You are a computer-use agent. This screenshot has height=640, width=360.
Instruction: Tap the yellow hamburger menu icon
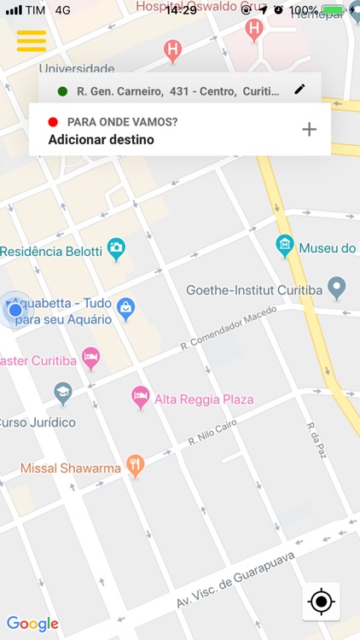(x=31, y=41)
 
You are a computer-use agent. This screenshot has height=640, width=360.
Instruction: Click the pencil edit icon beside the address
(x=299, y=90)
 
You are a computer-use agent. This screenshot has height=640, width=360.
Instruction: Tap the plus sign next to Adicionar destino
(x=309, y=130)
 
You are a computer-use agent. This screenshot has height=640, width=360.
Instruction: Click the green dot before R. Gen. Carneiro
(x=62, y=90)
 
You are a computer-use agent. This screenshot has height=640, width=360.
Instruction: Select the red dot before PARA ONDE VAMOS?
(x=53, y=122)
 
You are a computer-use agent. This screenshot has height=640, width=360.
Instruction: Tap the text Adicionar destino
(x=101, y=139)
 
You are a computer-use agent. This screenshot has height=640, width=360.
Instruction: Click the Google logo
(x=32, y=624)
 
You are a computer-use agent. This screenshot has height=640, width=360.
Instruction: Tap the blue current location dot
(x=15, y=310)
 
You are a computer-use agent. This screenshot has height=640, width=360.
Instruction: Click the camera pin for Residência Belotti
(x=116, y=248)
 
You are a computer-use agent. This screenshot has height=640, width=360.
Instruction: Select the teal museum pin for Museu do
(x=285, y=246)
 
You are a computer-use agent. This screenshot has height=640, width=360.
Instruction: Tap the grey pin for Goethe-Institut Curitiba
(x=337, y=288)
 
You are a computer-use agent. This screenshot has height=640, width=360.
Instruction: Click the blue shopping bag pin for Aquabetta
(x=126, y=307)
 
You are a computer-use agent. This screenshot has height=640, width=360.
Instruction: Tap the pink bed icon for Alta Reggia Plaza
(x=141, y=396)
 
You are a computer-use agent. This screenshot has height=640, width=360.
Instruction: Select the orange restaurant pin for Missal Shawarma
(x=135, y=465)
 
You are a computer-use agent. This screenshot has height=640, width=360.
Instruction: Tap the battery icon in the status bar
(x=334, y=10)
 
